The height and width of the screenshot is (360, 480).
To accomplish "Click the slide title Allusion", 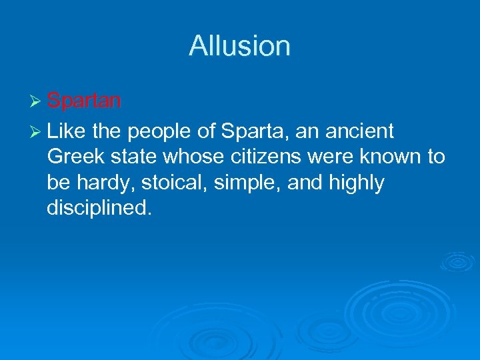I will [x=239, y=46].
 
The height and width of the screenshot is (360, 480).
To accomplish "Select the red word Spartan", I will [x=84, y=101].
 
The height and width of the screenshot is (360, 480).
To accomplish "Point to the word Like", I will [x=66, y=131].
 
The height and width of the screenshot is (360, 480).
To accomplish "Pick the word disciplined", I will [x=99, y=209].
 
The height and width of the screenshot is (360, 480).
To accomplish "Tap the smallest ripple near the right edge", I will [x=457, y=261].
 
